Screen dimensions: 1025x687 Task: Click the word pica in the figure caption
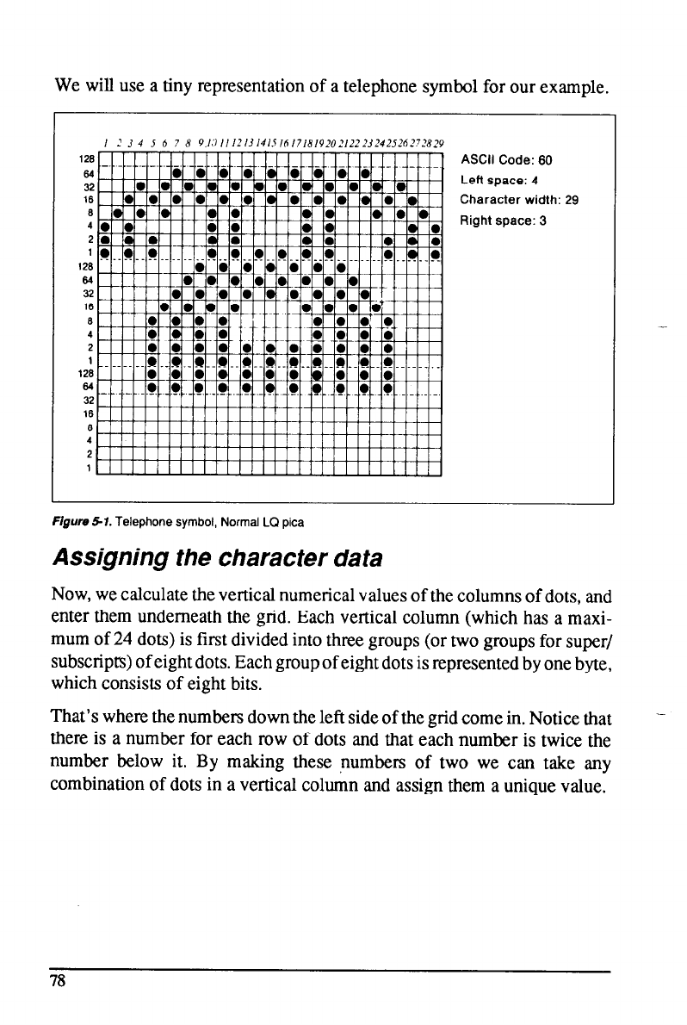coord(294,522)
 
